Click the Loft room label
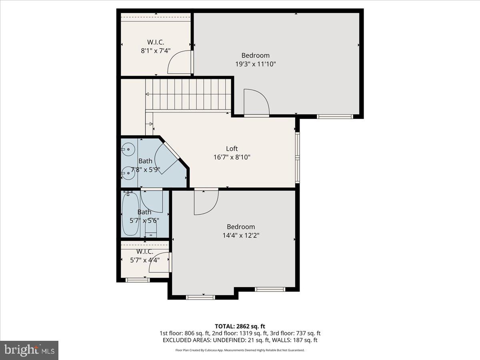coord(232,149)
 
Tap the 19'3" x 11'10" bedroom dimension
coord(255,64)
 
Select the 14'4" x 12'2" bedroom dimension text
coord(241,236)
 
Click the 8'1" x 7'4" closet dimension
coord(156,51)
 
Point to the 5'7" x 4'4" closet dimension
coord(144,260)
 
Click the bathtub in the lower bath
coord(130,214)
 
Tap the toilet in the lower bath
coord(151,229)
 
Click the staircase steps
coord(188,94)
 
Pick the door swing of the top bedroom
coord(256,102)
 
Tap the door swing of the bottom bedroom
coord(206,202)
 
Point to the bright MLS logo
coord(29,350)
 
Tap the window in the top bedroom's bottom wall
coord(335,116)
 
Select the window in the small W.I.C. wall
coord(138,280)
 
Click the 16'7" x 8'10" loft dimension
coord(232,157)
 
